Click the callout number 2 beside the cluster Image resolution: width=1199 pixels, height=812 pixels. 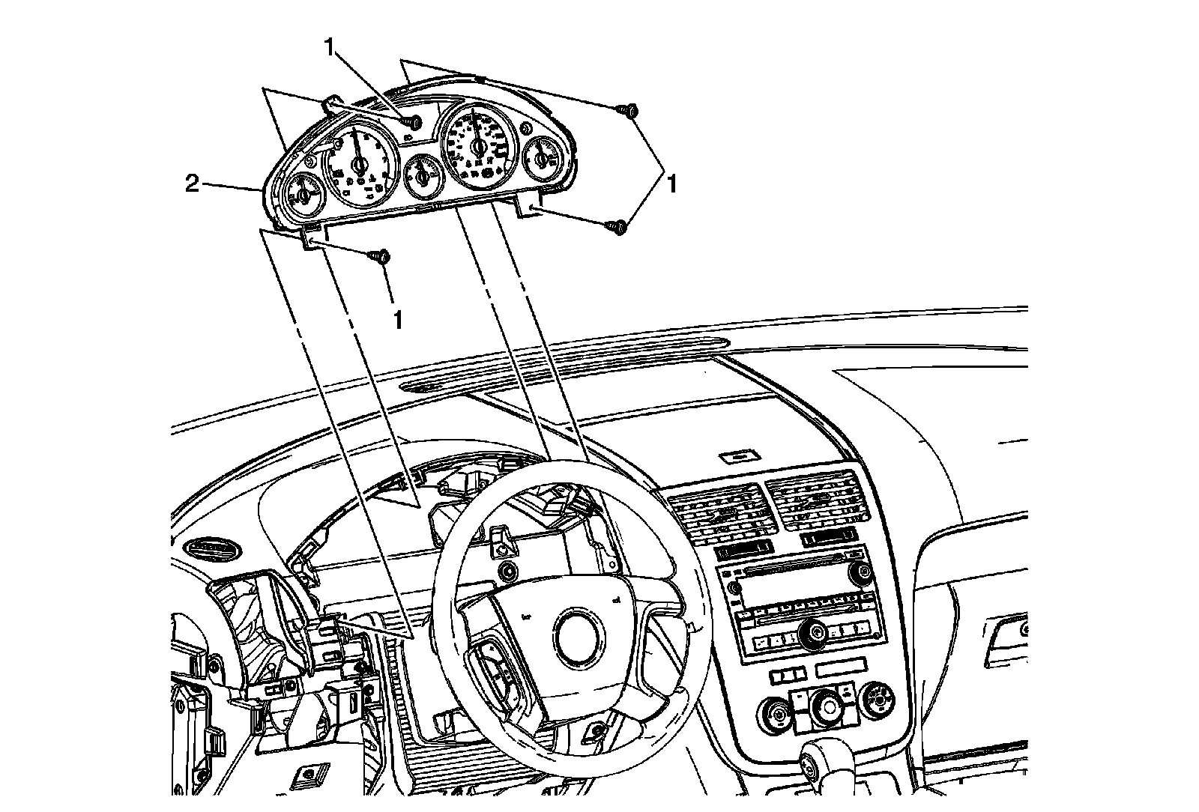193,184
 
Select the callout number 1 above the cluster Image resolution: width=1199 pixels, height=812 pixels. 330,46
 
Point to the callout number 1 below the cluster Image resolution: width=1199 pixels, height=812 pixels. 398,320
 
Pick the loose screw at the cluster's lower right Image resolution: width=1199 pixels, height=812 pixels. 619,225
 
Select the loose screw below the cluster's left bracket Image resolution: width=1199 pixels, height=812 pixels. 381,257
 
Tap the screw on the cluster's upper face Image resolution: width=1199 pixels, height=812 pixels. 411,121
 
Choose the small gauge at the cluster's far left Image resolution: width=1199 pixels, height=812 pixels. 303,193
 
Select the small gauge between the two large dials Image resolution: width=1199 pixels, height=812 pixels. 423,175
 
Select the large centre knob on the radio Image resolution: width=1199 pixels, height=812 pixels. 812,634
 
